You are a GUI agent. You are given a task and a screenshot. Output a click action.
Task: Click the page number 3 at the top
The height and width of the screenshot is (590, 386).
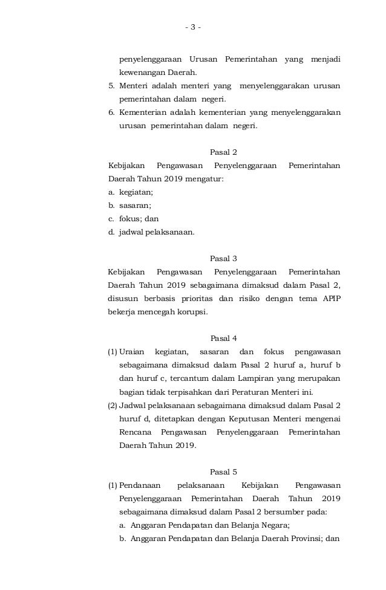pyautogui.click(x=193, y=27)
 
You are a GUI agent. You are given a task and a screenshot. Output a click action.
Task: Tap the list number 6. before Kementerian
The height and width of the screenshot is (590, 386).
pyautogui.click(x=112, y=112)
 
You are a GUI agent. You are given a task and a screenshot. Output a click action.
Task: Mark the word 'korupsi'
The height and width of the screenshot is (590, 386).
pyautogui.click(x=192, y=312)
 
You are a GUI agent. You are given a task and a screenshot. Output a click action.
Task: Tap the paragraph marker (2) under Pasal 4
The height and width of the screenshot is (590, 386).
pyautogui.click(x=113, y=405)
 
